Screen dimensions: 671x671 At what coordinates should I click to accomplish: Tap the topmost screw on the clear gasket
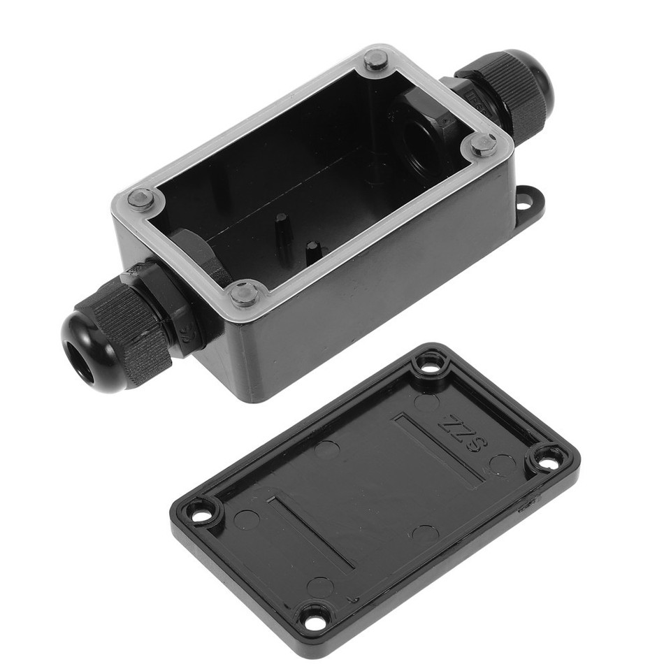375,61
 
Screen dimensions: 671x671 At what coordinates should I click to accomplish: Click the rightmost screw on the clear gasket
482,145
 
